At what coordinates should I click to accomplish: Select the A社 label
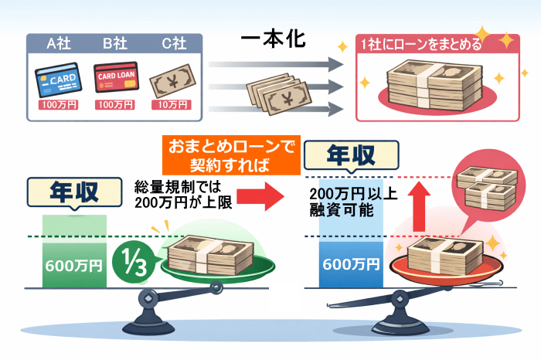tap(62, 43)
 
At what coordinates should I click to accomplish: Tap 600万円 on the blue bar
tap(352, 264)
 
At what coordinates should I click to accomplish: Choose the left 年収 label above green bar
tap(74, 192)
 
